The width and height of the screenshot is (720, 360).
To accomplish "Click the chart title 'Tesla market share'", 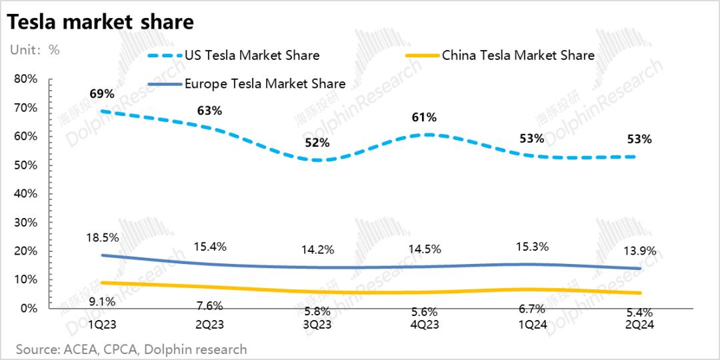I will point(100,23).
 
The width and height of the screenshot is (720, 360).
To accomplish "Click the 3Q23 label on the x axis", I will point(317,325).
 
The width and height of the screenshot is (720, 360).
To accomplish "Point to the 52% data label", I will point(317,143).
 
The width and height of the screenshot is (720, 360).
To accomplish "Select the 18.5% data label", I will point(101,237).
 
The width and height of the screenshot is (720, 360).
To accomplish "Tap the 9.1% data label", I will point(101,301).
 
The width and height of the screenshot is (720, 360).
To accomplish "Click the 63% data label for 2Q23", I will point(209,111).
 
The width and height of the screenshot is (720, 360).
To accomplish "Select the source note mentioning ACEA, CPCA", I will point(131,349).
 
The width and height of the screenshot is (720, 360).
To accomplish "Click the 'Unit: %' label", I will point(35,50).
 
